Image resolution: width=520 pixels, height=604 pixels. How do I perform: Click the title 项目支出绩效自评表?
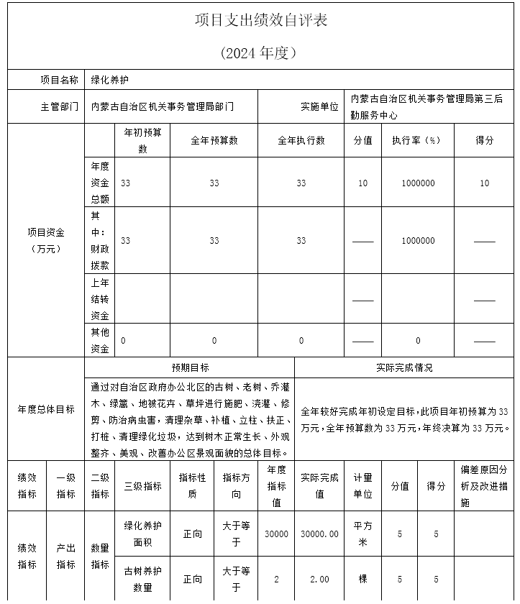tap(260, 20)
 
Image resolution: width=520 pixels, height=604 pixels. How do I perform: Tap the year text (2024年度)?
tap(260, 52)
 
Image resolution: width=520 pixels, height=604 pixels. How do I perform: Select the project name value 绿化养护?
tap(109, 79)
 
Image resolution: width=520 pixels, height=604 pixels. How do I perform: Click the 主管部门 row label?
tap(60, 106)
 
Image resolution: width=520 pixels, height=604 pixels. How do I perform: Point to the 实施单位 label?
tap(319, 106)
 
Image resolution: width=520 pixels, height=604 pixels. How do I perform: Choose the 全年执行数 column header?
tap(301, 140)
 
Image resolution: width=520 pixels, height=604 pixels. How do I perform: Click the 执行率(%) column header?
tap(417, 140)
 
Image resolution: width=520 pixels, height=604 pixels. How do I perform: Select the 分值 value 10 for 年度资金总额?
tap(362, 183)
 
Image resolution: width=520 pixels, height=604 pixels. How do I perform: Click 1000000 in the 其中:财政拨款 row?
tap(418, 241)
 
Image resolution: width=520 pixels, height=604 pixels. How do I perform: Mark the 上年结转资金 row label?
tap(100, 299)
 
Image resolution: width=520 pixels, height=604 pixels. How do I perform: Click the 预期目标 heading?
tap(190, 367)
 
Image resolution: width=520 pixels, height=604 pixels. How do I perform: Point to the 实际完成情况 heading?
tap(404, 367)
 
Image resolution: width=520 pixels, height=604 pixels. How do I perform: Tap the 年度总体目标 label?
tap(46, 409)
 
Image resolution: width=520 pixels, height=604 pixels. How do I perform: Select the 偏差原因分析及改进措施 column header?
tap(484, 486)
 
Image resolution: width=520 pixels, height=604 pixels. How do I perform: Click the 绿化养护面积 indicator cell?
tap(142, 534)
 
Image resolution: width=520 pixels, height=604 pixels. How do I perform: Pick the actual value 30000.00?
tap(319, 534)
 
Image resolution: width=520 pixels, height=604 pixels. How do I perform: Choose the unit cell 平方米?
tap(362, 534)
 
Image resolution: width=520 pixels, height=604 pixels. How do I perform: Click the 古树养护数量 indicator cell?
tap(142, 579)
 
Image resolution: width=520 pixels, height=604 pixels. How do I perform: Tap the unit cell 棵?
tap(362, 579)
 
